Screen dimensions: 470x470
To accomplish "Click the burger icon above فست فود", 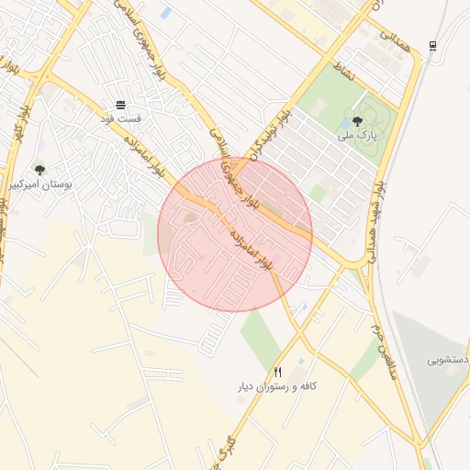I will pos(121,105).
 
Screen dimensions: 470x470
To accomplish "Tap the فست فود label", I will pos(121,118).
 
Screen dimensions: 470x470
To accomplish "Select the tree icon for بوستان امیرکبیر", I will pos(39,170).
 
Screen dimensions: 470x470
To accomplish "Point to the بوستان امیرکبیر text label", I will pos(39,185).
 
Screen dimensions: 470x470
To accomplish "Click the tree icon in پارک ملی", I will pos(357,120).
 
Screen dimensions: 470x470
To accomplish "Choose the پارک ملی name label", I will pos(357,135).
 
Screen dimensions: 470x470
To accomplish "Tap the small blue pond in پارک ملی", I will pos(345,123).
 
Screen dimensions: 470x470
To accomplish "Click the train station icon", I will pos(432,46).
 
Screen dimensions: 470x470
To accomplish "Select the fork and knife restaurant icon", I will pos(278,372).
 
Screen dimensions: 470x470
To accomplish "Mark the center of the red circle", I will pos(235,234).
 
